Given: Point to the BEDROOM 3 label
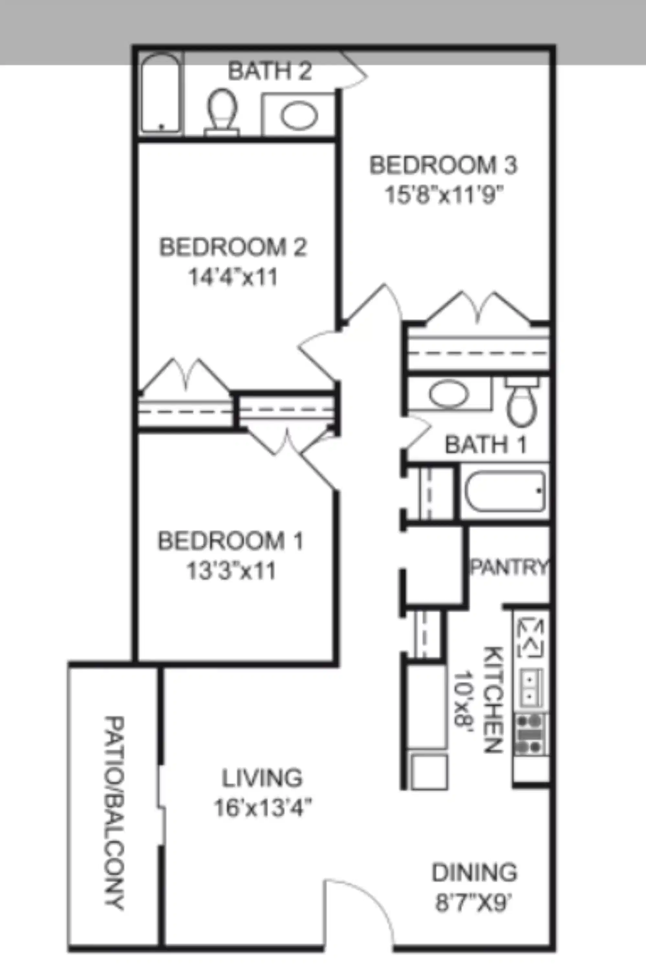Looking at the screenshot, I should (x=443, y=165).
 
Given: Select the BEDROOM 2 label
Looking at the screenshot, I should (x=233, y=248).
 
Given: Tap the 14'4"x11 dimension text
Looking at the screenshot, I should (x=233, y=277).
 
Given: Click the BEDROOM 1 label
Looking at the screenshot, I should (x=231, y=541).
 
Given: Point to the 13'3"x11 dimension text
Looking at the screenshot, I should (x=231, y=571).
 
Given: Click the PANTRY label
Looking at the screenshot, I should (x=510, y=567).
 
